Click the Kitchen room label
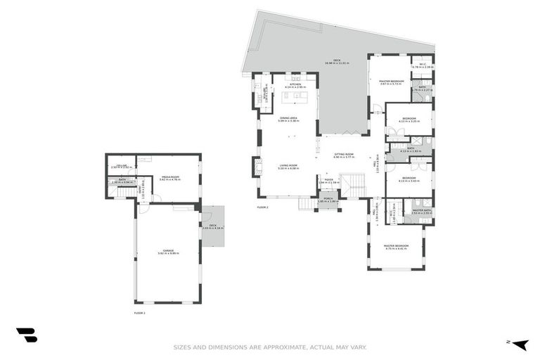295,84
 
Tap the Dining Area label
288,118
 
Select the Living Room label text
288,165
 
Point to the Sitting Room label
344,154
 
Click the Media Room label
170,177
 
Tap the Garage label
169,250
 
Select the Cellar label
119,166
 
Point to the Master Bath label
423,210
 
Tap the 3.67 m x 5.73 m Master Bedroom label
392,82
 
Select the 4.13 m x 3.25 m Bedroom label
409,118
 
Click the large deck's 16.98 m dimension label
337,63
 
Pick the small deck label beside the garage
212,226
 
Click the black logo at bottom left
26,335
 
